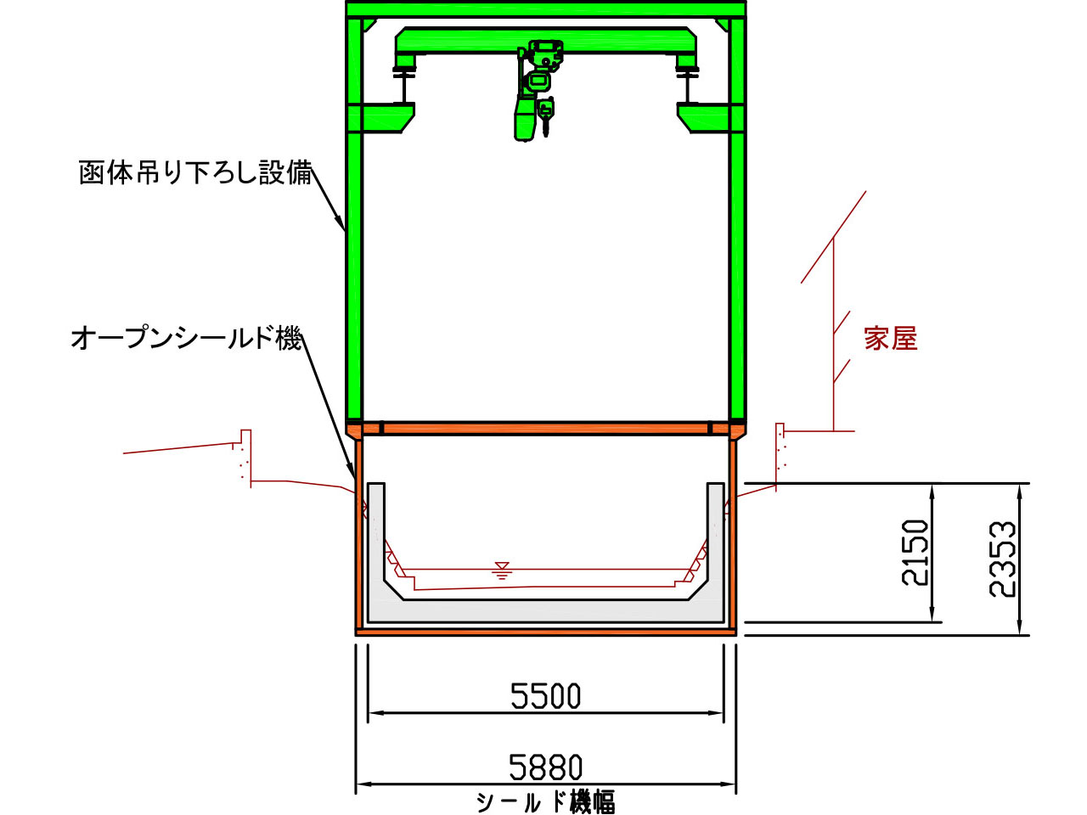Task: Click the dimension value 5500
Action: tap(545, 695)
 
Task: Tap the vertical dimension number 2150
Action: tap(914, 553)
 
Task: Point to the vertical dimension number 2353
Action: tap(1002, 559)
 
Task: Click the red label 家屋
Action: tap(890, 339)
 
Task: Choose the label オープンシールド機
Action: tap(186, 339)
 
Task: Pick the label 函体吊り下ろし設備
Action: tap(195, 172)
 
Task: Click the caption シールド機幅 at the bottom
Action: tap(546, 802)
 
